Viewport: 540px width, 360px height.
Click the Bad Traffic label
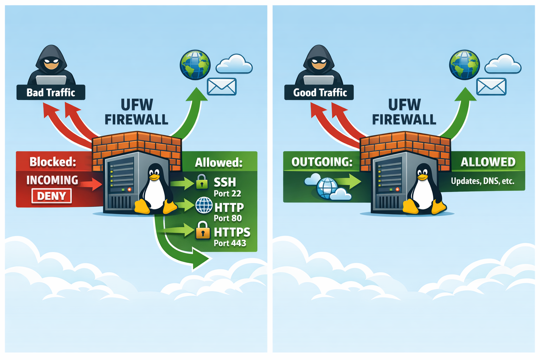51,92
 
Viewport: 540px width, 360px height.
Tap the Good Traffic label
320,92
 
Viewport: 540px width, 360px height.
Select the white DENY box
51,196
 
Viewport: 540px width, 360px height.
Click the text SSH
225,182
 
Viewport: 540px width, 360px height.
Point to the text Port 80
227,218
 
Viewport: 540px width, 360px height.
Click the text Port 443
230,243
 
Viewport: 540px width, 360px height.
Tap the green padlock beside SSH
201,181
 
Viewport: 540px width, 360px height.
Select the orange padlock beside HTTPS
202,230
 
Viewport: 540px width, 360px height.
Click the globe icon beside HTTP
204,205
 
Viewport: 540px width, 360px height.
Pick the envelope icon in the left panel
221,86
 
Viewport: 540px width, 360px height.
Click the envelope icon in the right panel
491,86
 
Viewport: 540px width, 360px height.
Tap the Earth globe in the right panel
464,65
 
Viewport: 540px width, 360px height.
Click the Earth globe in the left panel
195,65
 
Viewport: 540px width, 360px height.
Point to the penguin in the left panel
155,190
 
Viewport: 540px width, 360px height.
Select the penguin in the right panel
424,190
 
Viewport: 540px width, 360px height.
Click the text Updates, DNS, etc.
482,181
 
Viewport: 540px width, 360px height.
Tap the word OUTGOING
322,162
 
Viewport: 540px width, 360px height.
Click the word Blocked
53,162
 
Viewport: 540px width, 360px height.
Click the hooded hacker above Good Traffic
319,65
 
